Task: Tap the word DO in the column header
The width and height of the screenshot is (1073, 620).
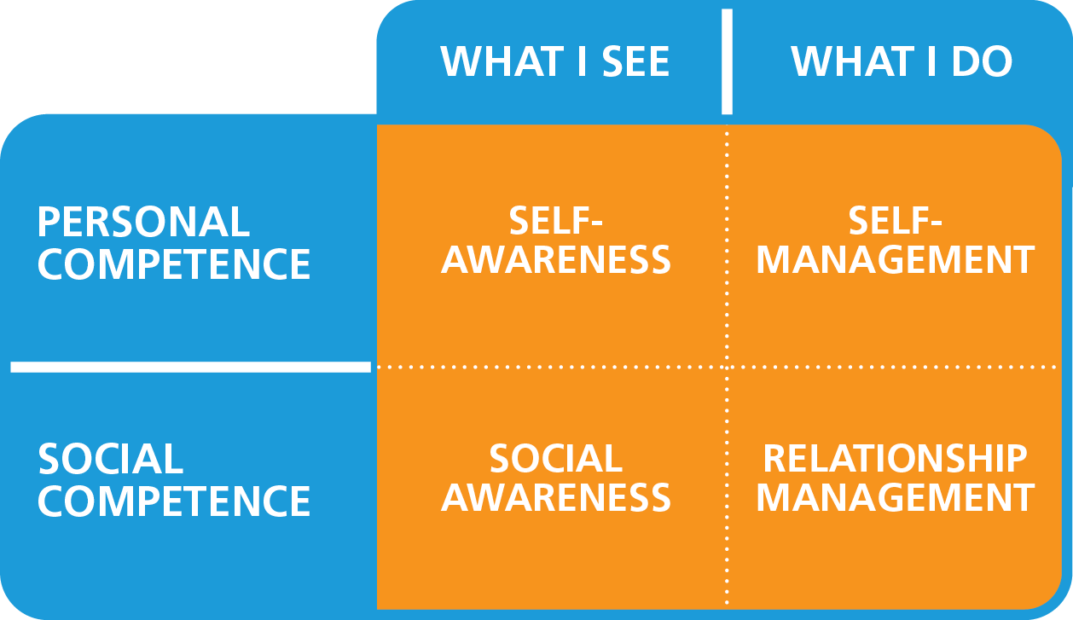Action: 983,61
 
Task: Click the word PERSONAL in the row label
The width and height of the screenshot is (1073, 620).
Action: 143,223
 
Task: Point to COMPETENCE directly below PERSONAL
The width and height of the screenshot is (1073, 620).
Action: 174,264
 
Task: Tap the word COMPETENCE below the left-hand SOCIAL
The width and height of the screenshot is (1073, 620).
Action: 174,501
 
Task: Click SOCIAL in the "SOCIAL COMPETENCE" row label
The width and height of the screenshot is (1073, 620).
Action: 111,460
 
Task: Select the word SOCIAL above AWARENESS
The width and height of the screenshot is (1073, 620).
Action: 555,460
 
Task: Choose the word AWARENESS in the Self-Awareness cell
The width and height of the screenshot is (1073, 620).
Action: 556,261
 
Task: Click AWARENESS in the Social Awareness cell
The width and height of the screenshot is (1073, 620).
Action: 556,498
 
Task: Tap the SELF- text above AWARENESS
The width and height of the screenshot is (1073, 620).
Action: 556,222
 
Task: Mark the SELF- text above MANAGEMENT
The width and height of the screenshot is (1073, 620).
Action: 895,222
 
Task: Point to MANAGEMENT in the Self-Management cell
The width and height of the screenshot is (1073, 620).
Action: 895,261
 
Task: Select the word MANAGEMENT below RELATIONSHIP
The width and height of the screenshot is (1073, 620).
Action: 895,498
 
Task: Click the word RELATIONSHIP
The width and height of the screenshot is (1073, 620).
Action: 895,460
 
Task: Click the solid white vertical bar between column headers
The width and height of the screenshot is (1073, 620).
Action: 727,61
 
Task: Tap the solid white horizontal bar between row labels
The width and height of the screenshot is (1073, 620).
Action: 191,367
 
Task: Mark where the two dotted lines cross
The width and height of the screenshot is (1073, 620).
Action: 727,367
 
